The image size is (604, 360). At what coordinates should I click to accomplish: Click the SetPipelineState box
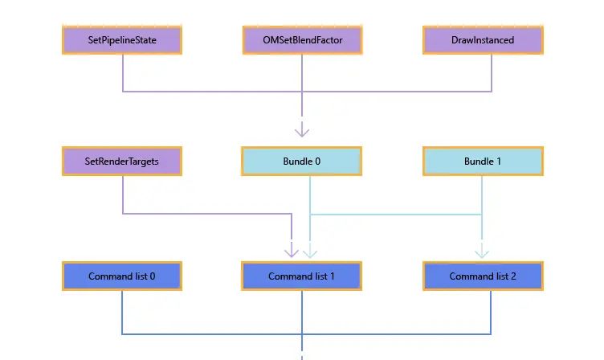point(122,40)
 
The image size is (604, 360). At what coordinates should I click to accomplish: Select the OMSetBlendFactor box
point(302,40)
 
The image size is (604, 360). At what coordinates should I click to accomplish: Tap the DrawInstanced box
point(483,40)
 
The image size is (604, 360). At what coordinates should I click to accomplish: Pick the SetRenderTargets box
point(122,161)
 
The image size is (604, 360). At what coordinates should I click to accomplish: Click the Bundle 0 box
point(302,161)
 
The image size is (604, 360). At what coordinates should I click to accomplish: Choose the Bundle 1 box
point(483,161)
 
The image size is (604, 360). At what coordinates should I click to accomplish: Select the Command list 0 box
point(122,276)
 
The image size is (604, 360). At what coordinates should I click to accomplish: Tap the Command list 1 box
point(302,276)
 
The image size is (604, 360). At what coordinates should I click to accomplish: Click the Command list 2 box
point(483,276)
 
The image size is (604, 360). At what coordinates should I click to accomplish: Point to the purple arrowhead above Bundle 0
point(302,130)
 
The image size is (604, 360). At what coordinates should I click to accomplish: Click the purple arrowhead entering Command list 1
point(292,252)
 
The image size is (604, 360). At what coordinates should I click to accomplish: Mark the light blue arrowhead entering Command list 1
point(310,252)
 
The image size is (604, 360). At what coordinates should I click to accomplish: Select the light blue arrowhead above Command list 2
point(482,252)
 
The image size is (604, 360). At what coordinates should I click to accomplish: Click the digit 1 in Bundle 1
point(499,162)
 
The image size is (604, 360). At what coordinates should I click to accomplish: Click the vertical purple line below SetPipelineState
point(122,72)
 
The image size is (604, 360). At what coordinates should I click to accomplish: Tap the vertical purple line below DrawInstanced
point(491,72)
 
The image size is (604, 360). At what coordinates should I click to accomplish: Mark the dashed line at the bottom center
point(302,352)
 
